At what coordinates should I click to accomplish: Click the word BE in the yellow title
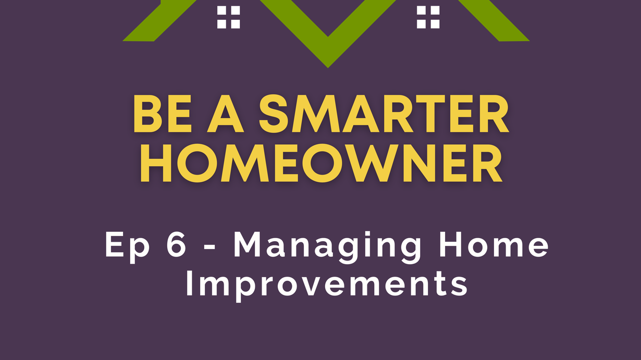(162, 114)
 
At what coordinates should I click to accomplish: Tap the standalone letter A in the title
(226, 114)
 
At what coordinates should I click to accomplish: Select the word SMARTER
(384, 114)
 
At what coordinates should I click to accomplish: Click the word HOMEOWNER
(322, 163)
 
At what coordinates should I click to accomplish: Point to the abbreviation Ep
(128, 247)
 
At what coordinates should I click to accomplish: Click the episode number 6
(177, 244)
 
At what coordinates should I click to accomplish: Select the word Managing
(328, 247)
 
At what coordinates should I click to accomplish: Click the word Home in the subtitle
(494, 244)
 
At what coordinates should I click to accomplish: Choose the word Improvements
(327, 285)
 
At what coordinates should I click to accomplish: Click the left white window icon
(228, 18)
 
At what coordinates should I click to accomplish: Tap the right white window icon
(428, 18)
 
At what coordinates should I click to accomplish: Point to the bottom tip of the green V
(328, 68)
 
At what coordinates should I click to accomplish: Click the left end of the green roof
(123, 41)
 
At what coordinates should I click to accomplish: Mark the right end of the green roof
(529, 41)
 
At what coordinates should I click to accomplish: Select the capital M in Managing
(247, 244)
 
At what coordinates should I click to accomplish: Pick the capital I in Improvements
(189, 283)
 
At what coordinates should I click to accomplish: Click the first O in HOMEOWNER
(198, 163)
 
